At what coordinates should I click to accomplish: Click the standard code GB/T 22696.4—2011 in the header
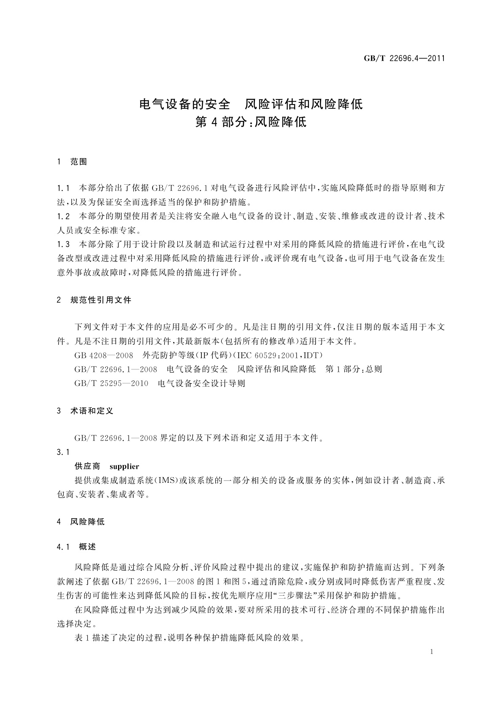click(x=404, y=59)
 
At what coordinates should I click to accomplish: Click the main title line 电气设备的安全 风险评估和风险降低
click(x=251, y=103)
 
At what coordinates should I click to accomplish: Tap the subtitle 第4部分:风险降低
click(x=251, y=122)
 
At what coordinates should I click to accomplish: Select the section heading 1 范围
click(x=72, y=161)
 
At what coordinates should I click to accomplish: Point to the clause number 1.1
click(x=63, y=188)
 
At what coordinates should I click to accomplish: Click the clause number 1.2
click(x=63, y=217)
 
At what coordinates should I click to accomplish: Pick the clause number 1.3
click(x=63, y=245)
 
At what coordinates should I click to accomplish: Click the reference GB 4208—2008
click(x=104, y=355)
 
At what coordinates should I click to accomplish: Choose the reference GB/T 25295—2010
click(x=111, y=383)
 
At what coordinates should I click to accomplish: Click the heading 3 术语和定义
click(x=85, y=411)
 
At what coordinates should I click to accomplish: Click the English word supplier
click(x=124, y=466)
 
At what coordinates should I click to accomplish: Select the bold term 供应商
click(x=87, y=466)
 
